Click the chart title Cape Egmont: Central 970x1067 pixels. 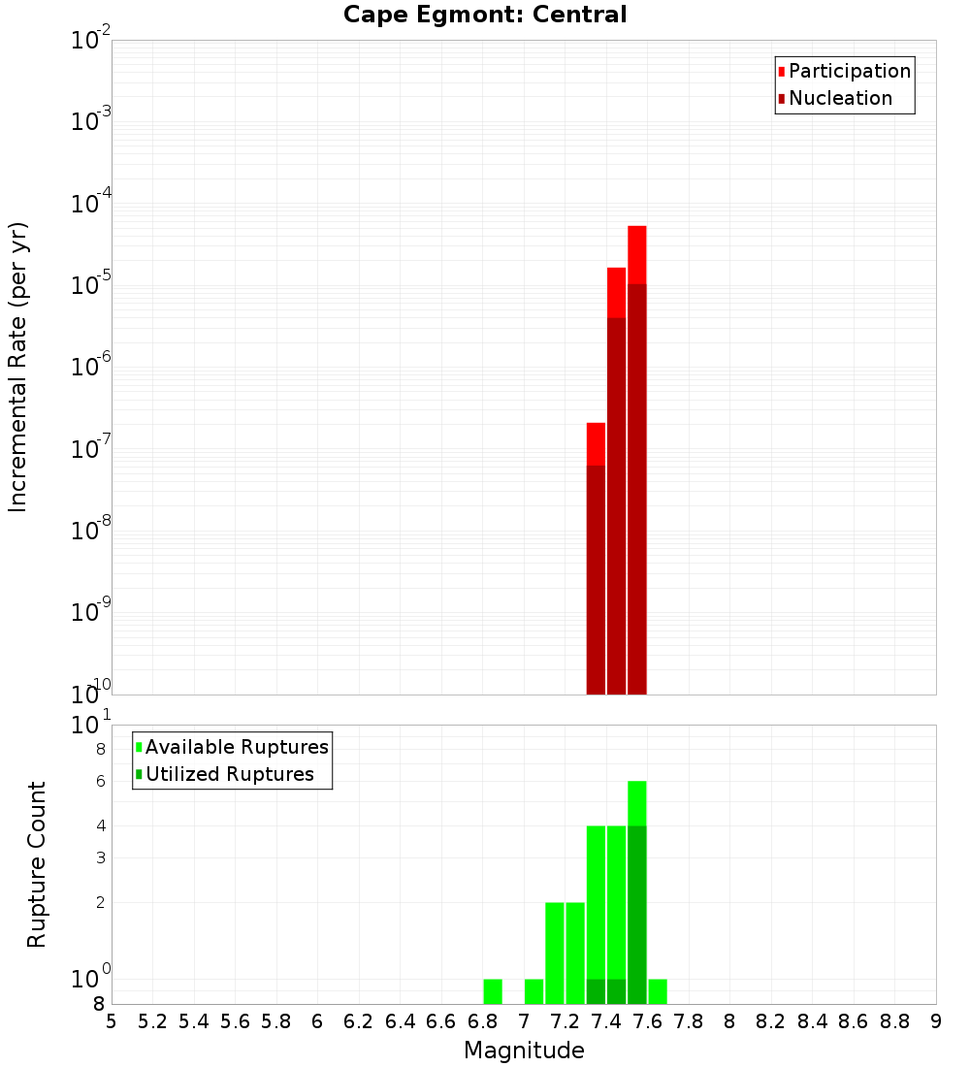485,15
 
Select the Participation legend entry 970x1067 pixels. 849,72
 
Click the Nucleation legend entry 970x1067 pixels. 839,99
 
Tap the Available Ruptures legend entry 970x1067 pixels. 236,748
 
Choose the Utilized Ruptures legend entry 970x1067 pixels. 229,775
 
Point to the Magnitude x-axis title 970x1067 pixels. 524,1051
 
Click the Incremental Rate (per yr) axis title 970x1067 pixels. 18,368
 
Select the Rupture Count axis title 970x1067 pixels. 37,864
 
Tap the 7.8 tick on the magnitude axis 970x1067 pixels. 689,1021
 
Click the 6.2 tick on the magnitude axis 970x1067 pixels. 359,1021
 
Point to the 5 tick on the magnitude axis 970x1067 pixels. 112,1021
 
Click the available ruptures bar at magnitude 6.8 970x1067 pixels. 493,992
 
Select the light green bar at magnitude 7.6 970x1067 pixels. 658,992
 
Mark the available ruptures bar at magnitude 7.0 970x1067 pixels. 533,992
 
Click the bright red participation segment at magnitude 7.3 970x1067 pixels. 596,443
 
